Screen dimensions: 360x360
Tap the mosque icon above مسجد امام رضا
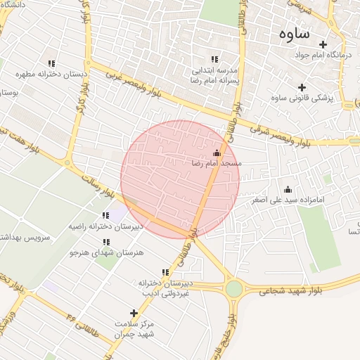(217, 153)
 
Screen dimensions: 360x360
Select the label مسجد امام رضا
(216, 163)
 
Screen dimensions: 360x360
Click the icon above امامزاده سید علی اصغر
(288, 189)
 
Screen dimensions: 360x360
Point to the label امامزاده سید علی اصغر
(288, 200)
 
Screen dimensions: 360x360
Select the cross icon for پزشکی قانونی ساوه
(302, 88)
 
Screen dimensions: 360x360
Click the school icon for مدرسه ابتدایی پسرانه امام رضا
(214, 60)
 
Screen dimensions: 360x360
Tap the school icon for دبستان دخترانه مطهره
(51, 63)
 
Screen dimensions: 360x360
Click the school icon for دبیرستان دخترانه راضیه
(105, 215)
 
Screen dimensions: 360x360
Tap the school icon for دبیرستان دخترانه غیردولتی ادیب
(165, 272)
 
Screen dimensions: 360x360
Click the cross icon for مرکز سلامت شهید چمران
(134, 313)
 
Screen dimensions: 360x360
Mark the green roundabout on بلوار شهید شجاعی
(234, 288)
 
